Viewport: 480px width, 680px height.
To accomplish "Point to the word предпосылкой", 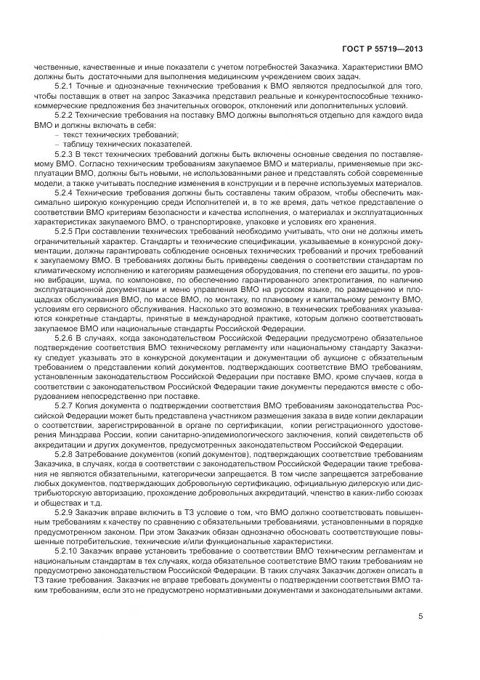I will click(345, 85).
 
